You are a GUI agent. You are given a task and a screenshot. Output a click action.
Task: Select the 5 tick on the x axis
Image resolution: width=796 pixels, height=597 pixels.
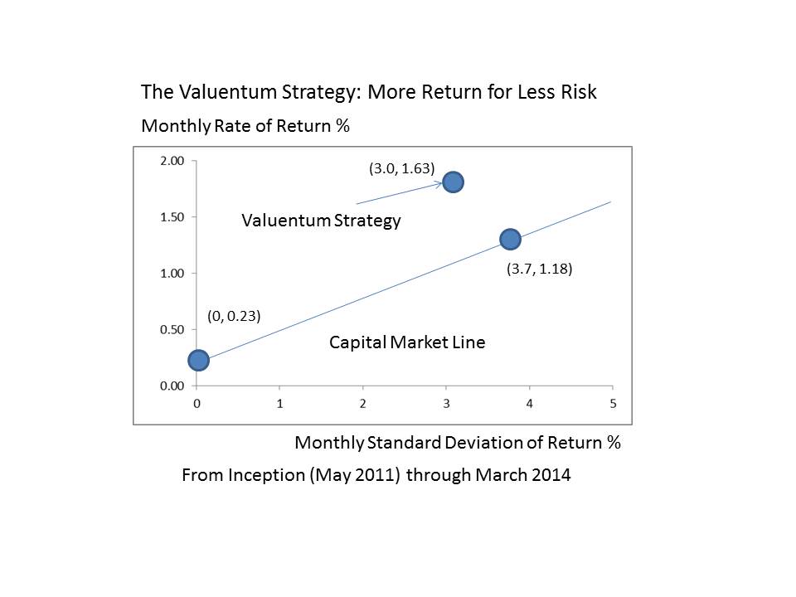tap(613, 404)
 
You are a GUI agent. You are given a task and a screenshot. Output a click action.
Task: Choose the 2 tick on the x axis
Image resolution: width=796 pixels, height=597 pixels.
tap(363, 404)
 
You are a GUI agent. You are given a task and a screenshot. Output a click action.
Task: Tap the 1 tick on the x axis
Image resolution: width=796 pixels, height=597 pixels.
tap(279, 404)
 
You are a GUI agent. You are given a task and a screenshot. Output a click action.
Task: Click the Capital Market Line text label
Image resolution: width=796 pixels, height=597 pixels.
tap(407, 342)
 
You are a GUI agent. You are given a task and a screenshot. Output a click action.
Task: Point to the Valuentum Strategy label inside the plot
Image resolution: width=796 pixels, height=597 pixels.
tap(321, 221)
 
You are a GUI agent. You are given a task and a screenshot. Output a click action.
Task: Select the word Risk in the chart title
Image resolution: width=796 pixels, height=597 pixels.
tap(576, 92)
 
